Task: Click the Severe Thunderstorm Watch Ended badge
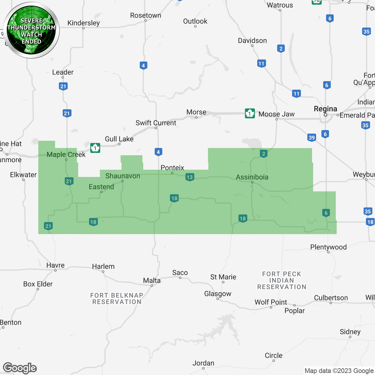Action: [x=31, y=30]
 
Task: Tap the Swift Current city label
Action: [x=156, y=123]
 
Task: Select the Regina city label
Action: [x=325, y=109]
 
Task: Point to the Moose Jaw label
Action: [x=276, y=114]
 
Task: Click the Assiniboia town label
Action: [x=252, y=177]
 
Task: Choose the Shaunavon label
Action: [x=123, y=176]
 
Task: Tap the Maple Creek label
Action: [x=66, y=155]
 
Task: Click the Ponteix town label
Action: [x=172, y=168]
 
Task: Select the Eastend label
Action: [x=101, y=187]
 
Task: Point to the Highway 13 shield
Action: [x=190, y=177]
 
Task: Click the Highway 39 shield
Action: [x=312, y=137]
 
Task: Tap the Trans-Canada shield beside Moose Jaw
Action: [x=250, y=113]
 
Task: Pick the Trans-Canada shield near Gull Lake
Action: [x=95, y=148]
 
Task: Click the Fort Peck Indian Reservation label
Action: [x=282, y=280]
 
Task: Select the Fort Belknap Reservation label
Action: [x=117, y=299]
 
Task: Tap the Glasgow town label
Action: [x=218, y=294]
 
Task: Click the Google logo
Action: [x=20, y=368]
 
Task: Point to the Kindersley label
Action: [x=83, y=23]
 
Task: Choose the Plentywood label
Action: [x=328, y=247]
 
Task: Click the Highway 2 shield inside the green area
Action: [x=264, y=154]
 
